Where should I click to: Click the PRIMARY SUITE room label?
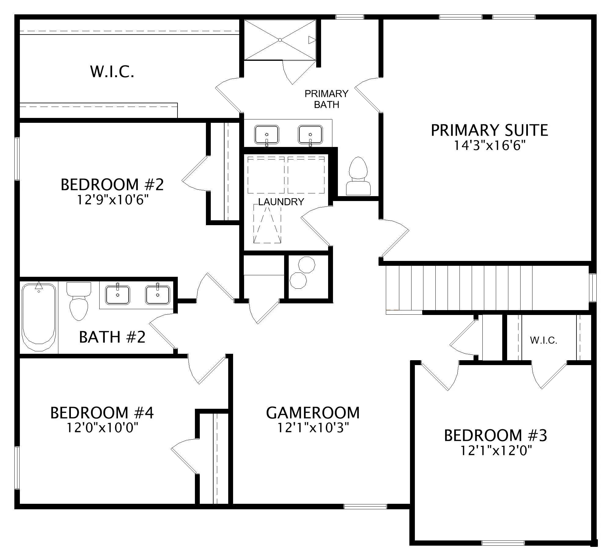[x=489, y=130]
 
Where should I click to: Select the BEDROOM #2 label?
[x=112, y=185]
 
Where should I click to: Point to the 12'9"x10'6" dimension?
[x=112, y=200]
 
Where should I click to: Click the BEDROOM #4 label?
[x=102, y=412]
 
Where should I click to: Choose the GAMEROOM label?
[x=313, y=412]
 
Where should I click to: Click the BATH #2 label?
[x=112, y=337]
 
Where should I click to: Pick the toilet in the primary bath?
[x=358, y=176]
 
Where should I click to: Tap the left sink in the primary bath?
[x=267, y=134]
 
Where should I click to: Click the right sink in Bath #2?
[x=158, y=295]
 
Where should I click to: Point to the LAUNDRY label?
[x=281, y=202]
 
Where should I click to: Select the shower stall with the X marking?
[x=280, y=40]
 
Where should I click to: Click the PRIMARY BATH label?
[x=327, y=99]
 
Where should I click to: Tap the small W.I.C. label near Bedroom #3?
[x=544, y=340]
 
